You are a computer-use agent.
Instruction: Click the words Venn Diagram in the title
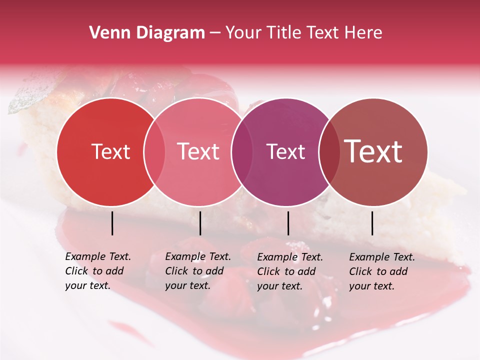(x=147, y=33)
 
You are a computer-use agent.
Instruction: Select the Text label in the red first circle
(x=110, y=151)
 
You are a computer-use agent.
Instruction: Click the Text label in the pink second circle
(x=198, y=151)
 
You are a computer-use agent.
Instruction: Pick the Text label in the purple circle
(x=285, y=151)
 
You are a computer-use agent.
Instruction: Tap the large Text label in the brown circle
(x=373, y=151)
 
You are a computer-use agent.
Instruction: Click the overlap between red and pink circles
(x=154, y=151)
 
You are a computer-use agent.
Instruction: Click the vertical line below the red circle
(x=112, y=223)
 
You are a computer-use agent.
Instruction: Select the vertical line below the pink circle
(x=200, y=223)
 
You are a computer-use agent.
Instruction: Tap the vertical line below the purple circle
(x=288, y=223)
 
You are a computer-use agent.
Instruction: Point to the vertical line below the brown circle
(x=372, y=223)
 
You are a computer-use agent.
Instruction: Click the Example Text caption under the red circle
(x=97, y=271)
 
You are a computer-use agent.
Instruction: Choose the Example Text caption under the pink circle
(x=197, y=271)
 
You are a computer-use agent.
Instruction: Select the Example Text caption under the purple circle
(x=289, y=271)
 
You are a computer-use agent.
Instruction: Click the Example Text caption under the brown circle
(x=381, y=271)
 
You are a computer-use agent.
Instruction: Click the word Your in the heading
(x=243, y=33)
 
